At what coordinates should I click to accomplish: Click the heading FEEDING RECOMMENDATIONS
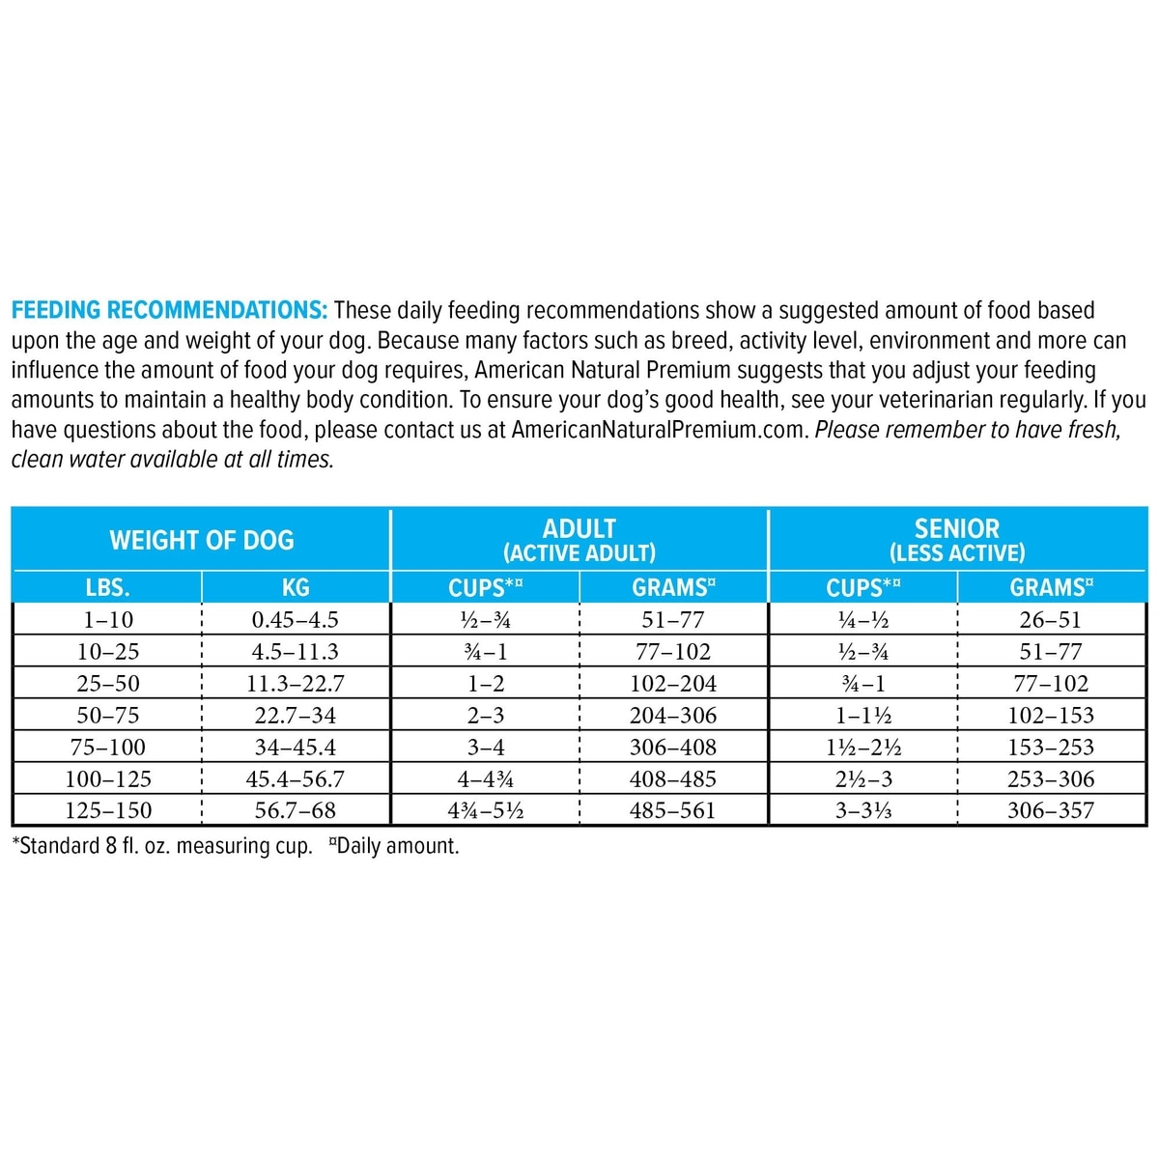pyautogui.click(x=169, y=310)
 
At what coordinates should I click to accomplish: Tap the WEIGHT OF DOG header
pyautogui.click(x=202, y=540)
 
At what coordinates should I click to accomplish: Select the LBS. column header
pyautogui.click(x=107, y=587)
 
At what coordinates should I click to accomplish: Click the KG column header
pyautogui.click(x=296, y=587)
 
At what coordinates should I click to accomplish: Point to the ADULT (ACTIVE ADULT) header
pyautogui.click(x=579, y=540)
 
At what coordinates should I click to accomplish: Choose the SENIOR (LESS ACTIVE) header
pyautogui.click(x=957, y=540)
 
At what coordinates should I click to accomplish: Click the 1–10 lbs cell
pyautogui.click(x=108, y=620)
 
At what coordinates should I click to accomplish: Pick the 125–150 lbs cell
pyautogui.click(x=108, y=810)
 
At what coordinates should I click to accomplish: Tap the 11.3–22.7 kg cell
pyautogui.click(x=296, y=684)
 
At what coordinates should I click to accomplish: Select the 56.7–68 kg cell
pyautogui.click(x=296, y=810)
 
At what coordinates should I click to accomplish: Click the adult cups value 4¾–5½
pyautogui.click(x=486, y=810)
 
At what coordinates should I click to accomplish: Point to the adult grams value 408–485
pyautogui.click(x=673, y=778)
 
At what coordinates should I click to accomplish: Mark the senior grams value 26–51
pyautogui.click(x=1051, y=620)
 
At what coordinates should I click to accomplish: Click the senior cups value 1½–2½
pyautogui.click(x=863, y=747)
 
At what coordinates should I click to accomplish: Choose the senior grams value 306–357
pyautogui.click(x=1051, y=810)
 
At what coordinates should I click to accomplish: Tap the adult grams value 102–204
pyautogui.click(x=673, y=684)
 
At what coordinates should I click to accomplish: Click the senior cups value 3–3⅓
pyautogui.click(x=863, y=810)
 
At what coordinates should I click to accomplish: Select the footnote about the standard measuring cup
pyautogui.click(x=162, y=847)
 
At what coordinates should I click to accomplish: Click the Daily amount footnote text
pyautogui.click(x=397, y=847)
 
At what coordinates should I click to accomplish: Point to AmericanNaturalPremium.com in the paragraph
pyautogui.click(x=659, y=430)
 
